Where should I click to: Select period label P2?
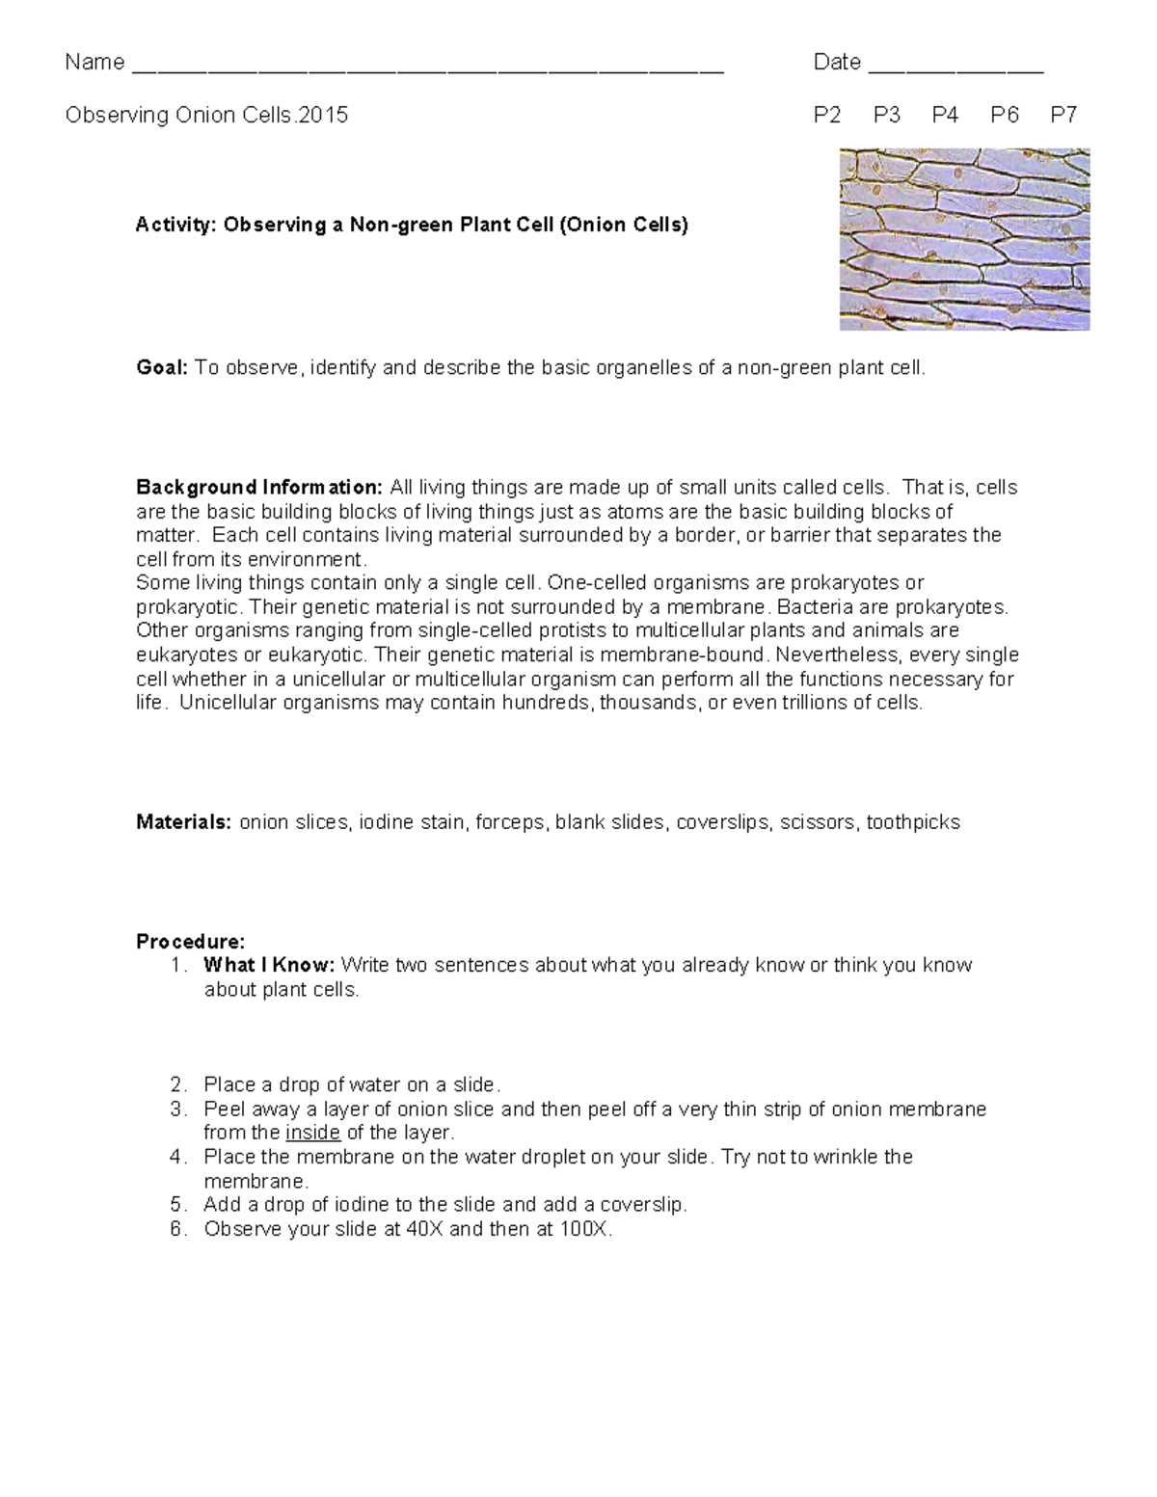pos(827,116)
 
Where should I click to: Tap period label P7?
pos(1063,116)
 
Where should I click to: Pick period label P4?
pos(945,116)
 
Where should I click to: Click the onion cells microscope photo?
pos(964,239)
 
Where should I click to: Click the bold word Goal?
pos(162,367)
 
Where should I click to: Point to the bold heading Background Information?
pos(259,487)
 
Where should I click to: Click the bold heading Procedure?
pos(191,941)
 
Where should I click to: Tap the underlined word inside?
pos(313,1133)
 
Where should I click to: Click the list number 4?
pos(176,1157)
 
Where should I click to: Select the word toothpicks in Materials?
pos(913,822)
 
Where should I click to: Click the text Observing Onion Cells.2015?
pos(206,116)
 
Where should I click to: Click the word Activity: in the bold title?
pos(176,225)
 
